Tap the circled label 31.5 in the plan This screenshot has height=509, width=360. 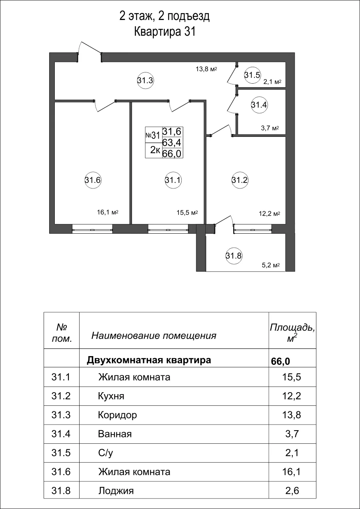pos(252,75)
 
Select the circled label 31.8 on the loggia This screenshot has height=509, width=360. pos(234,255)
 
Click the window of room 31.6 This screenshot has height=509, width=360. pos(92,230)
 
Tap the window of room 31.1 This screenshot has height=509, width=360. pos(168,230)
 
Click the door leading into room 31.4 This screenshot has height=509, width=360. pos(231,104)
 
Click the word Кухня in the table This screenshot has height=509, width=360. pos(111,396)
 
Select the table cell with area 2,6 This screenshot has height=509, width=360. pos(291,491)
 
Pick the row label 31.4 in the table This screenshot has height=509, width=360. pos(61,434)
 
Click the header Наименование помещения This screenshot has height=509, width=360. pos(154,336)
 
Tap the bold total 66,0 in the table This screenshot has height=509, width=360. pos(280,361)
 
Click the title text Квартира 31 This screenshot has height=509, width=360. pos(164,32)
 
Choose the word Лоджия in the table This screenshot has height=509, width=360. pos(116,491)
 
